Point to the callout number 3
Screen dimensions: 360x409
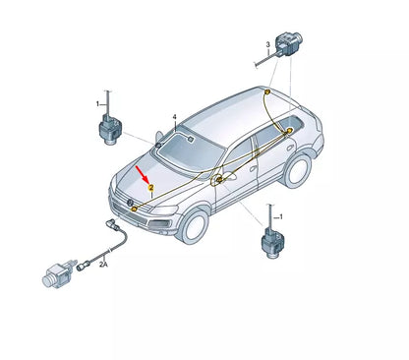coord(266,46)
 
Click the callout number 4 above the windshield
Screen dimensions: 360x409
coord(174,117)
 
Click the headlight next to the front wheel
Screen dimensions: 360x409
coord(166,210)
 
